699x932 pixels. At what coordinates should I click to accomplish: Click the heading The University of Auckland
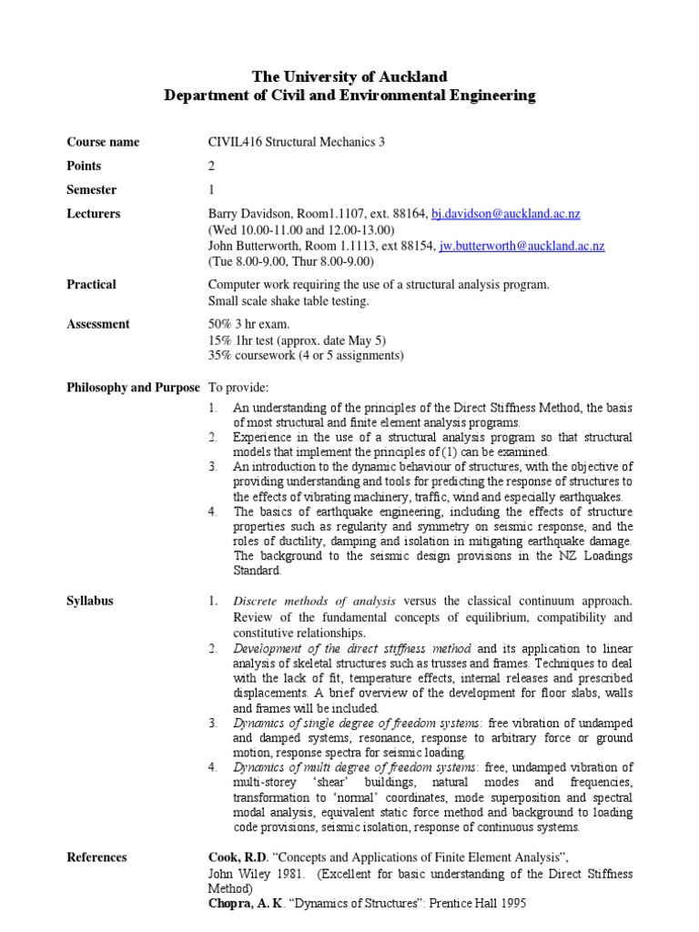click(x=349, y=76)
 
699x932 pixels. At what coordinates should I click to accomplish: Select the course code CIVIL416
click(x=234, y=142)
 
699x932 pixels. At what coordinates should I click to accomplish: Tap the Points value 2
click(x=212, y=166)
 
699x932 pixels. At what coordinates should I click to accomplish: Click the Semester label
click(x=92, y=189)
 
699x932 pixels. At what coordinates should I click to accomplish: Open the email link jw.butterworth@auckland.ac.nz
click(x=522, y=246)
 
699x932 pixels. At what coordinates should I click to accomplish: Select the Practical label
click(x=92, y=284)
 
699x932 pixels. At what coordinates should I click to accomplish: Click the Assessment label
click(x=98, y=324)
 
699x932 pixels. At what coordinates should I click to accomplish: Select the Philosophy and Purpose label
click(x=133, y=387)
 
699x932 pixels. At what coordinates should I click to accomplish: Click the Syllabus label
click(x=90, y=601)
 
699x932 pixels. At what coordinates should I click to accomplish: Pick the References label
click(x=97, y=857)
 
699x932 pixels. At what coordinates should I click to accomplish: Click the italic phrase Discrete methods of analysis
click(x=314, y=602)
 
